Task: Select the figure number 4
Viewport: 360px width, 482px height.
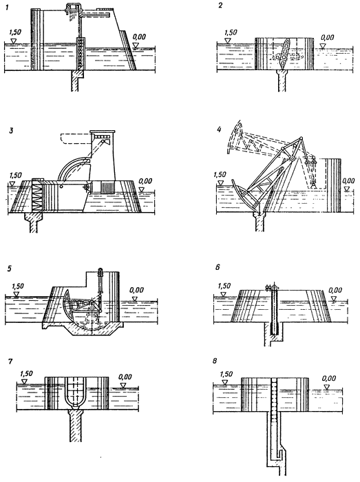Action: coord(219,129)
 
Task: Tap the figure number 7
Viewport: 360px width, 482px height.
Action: coord(11,361)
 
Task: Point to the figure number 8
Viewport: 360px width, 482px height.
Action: coord(214,361)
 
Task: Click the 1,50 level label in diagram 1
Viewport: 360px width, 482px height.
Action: coord(16,32)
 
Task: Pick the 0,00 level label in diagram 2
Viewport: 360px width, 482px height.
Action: coord(327,37)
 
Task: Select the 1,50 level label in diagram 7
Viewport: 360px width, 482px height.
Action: coord(26,374)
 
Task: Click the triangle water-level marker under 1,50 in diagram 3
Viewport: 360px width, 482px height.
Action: coord(12,183)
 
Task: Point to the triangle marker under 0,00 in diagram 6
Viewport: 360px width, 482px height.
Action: coord(335,298)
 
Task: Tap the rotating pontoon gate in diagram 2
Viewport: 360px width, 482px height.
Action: coord(284,54)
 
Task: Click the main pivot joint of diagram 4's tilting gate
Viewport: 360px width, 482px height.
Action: coord(292,158)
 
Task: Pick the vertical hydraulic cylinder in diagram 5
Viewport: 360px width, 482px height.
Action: coord(100,280)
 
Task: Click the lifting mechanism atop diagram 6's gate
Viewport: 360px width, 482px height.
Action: coord(273,287)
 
